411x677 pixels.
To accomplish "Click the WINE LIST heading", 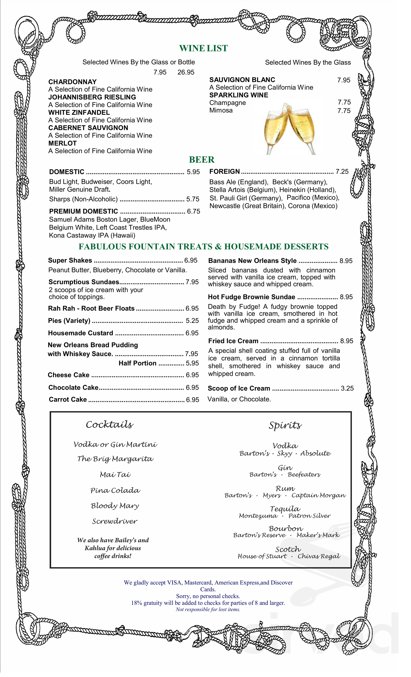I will coord(203,48).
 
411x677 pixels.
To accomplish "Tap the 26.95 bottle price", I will coord(186,72).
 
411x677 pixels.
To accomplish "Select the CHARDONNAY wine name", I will coord(73,82).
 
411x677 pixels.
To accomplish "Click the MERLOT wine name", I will coord(62,143).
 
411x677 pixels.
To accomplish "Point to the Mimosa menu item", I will coord(221,110).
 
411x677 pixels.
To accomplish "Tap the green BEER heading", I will coord(202,160).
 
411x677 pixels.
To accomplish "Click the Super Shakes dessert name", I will coord(70,260).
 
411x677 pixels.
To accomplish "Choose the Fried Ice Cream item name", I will coord(233,341).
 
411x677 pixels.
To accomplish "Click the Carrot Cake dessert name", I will coord(68,399).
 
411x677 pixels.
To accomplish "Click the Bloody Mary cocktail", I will coord(115,506).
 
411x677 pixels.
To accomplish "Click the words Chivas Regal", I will coord(319,556).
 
